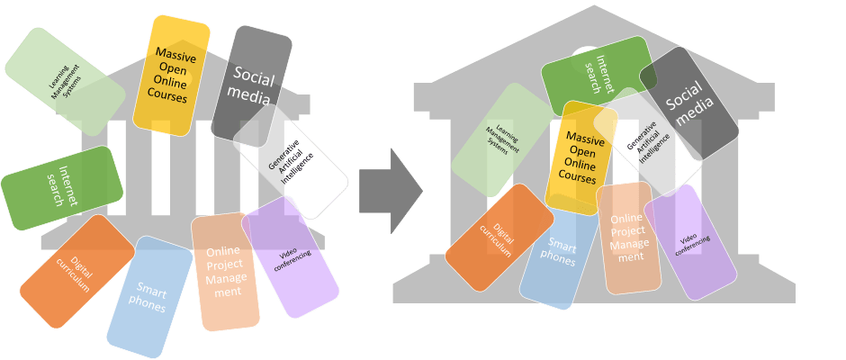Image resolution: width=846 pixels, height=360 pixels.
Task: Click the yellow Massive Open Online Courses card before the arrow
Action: [171, 76]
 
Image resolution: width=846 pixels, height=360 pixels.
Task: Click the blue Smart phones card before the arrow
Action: [148, 297]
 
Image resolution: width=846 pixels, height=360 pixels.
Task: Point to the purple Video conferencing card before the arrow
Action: [290, 256]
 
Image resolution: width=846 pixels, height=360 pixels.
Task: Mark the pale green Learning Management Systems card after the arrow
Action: [497, 139]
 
